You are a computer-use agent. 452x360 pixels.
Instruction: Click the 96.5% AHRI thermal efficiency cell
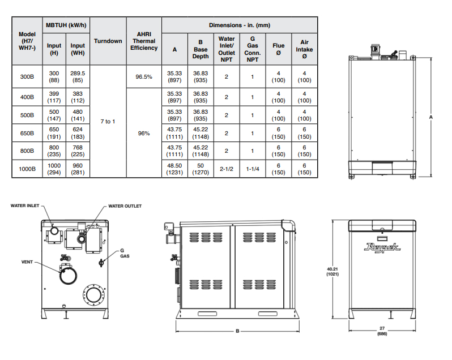click(x=144, y=76)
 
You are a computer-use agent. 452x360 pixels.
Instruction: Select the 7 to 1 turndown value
click(x=108, y=122)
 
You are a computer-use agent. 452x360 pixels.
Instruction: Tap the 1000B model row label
click(x=27, y=169)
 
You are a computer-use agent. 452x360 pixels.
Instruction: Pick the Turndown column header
click(x=108, y=41)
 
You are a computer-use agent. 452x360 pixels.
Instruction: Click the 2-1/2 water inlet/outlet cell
click(x=227, y=169)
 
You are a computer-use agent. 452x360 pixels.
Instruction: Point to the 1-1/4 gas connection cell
click(x=253, y=169)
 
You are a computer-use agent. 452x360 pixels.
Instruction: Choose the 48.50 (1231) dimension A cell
click(x=174, y=169)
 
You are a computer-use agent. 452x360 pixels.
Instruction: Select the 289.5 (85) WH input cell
click(x=78, y=76)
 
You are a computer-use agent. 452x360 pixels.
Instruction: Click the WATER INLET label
click(x=26, y=206)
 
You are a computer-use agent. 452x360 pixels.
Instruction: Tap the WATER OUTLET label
click(x=125, y=206)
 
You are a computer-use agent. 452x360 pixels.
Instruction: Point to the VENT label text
click(x=27, y=262)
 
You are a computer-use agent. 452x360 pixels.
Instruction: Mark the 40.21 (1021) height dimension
click(x=332, y=271)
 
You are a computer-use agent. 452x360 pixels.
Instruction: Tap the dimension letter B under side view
click(x=237, y=331)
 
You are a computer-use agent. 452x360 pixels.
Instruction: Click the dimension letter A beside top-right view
click(x=431, y=117)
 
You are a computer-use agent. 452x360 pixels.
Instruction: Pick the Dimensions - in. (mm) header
click(x=238, y=25)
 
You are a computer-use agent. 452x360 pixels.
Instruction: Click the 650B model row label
click(x=27, y=133)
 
